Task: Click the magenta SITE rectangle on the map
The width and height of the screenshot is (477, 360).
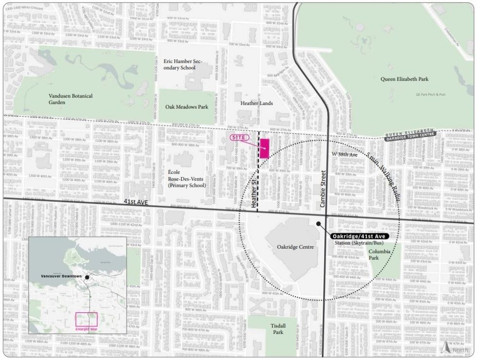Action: pyautogui.click(x=264, y=148)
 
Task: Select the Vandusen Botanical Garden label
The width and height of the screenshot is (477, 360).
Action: pyautogui.click(x=70, y=99)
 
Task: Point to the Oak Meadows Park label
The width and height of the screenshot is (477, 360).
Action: pyautogui.click(x=187, y=107)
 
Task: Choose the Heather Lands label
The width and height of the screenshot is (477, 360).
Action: pyautogui.click(x=257, y=103)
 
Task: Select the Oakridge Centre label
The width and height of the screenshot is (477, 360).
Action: pyautogui.click(x=295, y=247)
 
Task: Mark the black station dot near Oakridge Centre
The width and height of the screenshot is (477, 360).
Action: pyautogui.click(x=318, y=224)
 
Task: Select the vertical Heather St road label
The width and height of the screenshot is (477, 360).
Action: pyautogui.click(x=254, y=193)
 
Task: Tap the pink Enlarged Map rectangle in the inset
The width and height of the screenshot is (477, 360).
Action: pyautogui.click(x=86, y=319)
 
